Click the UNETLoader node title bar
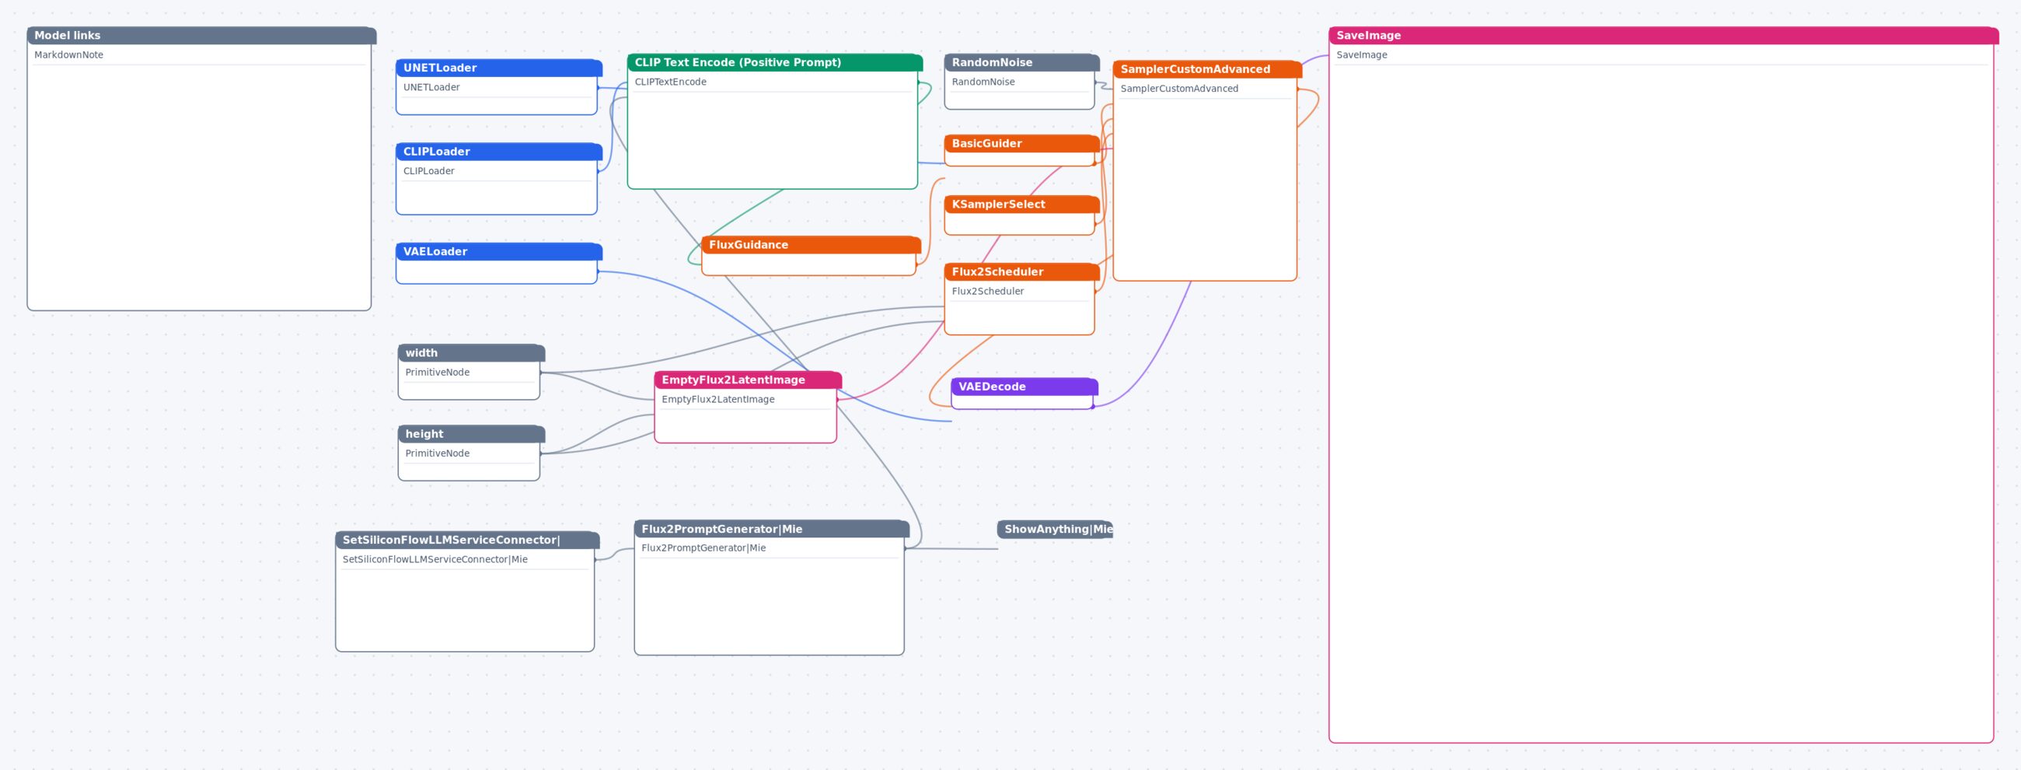coord(499,68)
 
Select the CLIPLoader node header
coord(499,152)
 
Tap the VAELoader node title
coord(499,251)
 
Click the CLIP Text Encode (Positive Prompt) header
coord(774,63)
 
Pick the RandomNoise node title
coord(1021,63)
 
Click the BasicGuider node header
coord(1021,144)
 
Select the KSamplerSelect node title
coord(1021,204)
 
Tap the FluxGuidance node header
coord(812,245)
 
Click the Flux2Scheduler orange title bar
coord(1021,271)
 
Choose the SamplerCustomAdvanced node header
coord(1207,69)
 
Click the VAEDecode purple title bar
coord(1024,387)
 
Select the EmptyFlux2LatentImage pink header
coord(748,380)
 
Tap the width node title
coord(471,353)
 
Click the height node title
coord(471,434)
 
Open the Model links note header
coord(201,35)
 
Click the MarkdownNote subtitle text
coord(69,55)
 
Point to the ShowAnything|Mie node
coord(1055,529)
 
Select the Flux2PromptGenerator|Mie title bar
coord(772,529)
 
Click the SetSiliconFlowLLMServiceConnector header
coord(468,540)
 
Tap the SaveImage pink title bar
coord(1663,35)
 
